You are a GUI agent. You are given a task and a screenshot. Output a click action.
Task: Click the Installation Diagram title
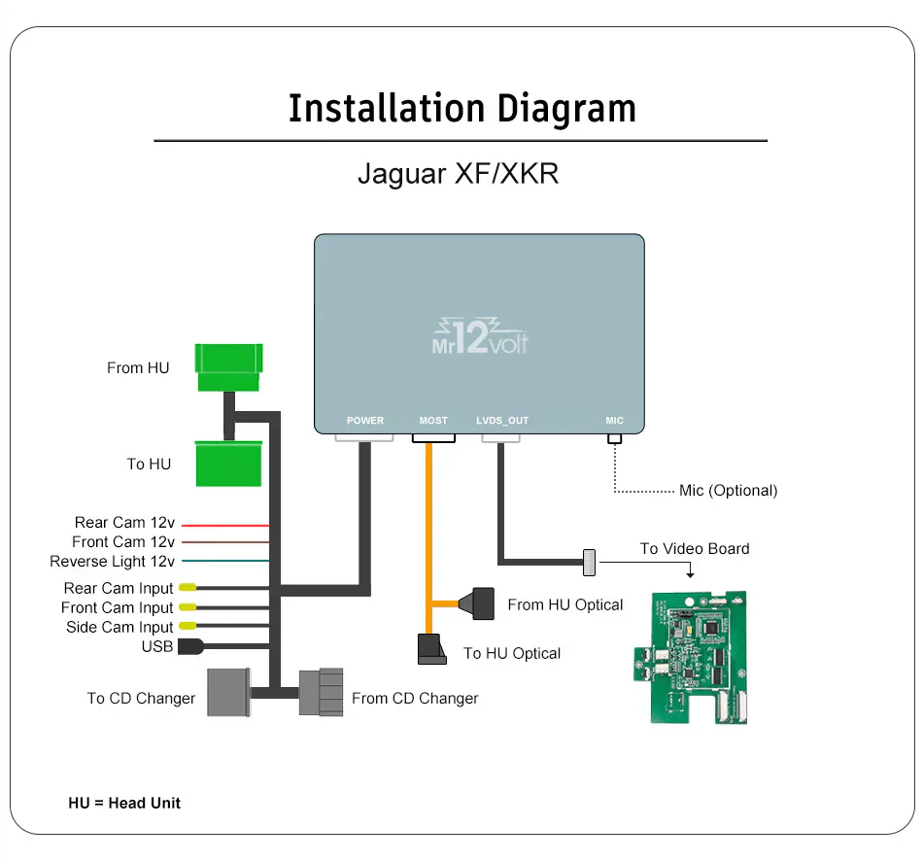[x=461, y=108]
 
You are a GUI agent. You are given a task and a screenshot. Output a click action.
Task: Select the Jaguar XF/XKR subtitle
[x=458, y=174]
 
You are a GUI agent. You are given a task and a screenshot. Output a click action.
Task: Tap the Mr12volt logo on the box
[x=479, y=335]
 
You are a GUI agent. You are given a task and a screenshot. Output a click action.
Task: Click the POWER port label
[x=365, y=421]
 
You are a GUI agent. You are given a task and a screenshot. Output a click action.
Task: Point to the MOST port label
[x=433, y=421]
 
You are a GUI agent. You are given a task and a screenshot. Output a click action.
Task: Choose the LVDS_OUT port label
[x=502, y=421]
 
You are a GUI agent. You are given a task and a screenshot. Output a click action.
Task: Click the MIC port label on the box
[x=614, y=421]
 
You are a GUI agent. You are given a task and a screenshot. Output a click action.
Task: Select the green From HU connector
[x=229, y=367]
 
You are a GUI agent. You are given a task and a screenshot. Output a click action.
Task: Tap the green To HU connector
[x=229, y=464]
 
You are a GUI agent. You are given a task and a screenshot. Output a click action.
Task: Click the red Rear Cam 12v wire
[x=224, y=526]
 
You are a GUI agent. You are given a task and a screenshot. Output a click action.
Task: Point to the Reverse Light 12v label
[x=112, y=562]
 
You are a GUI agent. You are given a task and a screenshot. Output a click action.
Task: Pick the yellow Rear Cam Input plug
[x=187, y=588]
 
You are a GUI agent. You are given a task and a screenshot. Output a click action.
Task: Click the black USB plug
[x=189, y=646]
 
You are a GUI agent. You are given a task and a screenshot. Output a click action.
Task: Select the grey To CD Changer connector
[x=228, y=692]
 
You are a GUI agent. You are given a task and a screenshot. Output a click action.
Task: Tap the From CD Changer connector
[x=321, y=692]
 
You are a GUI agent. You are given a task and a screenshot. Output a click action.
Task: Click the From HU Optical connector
[x=483, y=603]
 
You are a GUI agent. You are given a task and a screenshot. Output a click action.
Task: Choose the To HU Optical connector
[x=431, y=650]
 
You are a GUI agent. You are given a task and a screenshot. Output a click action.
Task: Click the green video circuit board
[x=698, y=657]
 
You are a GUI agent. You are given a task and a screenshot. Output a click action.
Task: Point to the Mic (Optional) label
[x=728, y=491]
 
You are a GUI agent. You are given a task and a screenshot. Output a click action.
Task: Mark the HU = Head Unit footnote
[x=124, y=803]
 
